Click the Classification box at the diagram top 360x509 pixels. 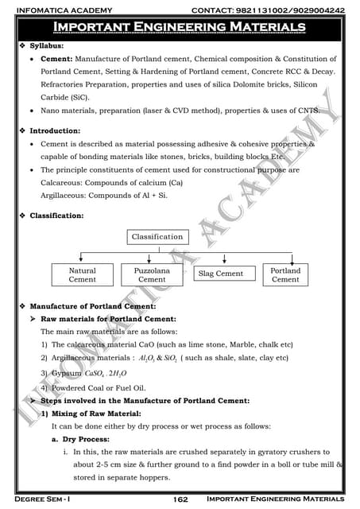pyautogui.click(x=157, y=237)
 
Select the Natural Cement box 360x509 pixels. pyautogui.click(x=83, y=275)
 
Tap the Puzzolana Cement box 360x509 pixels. pyautogui.click(x=152, y=275)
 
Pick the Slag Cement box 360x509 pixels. pyautogui.click(x=220, y=274)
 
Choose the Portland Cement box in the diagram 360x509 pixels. pyautogui.click(x=285, y=275)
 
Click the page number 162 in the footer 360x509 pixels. pyautogui.click(x=180, y=499)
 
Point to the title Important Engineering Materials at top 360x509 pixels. pyautogui.click(x=180, y=29)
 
